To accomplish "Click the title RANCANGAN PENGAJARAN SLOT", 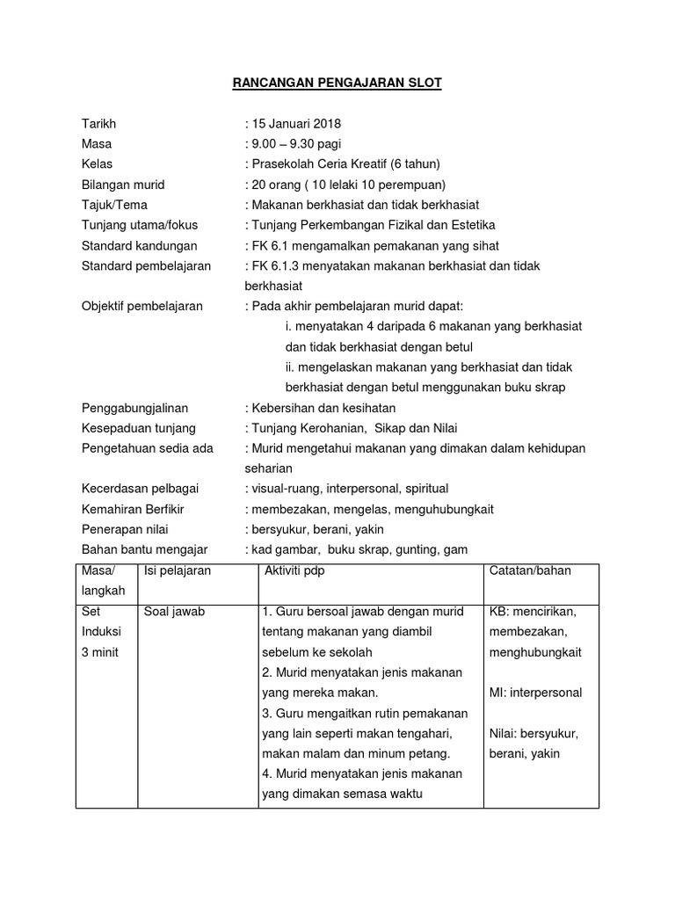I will pos(337,83).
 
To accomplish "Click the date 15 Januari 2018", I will pos(298,123).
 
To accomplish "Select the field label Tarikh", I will pos(98,123).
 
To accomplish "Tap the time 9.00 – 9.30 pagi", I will pos(294,143).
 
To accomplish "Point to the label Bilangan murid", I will pos(123,185).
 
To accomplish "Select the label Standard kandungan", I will pos(139,245).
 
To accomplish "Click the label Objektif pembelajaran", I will pos(142,306).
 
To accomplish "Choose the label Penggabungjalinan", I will pos(134,408).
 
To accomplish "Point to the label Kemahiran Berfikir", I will pos(133,509).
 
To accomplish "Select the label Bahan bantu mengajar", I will pos(144,549).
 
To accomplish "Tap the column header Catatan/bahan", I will pos(530,570).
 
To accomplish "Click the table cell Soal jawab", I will pos(174,611).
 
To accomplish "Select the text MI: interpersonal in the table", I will pos(535,693).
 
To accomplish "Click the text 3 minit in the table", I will pos(98,651).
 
